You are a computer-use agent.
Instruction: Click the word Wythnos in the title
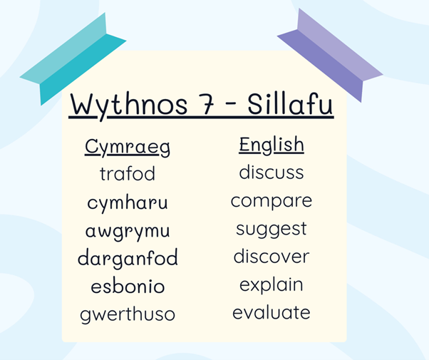coord(129,105)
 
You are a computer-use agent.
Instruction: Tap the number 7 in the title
coord(207,105)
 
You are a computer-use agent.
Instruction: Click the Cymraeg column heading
coord(128,148)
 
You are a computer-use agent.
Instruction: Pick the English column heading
coord(272,145)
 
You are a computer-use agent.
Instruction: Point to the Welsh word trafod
coord(128,173)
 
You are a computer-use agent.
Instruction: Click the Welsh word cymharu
coord(128,202)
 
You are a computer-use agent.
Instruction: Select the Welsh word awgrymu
coord(128,232)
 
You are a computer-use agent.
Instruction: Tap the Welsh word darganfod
coord(128,257)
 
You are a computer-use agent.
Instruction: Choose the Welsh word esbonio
coord(128,286)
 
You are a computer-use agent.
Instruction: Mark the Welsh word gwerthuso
coord(128,314)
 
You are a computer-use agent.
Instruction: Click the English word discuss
coord(272,172)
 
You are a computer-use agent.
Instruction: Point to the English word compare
coord(272,201)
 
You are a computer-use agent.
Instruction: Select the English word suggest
coord(272,230)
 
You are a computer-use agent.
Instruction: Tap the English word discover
coord(272,256)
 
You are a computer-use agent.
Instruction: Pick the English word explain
coord(272,285)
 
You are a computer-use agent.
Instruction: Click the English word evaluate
coord(272,312)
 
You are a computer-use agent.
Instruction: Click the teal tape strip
coord(73,58)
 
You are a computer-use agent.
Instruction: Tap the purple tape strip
coord(330,56)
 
